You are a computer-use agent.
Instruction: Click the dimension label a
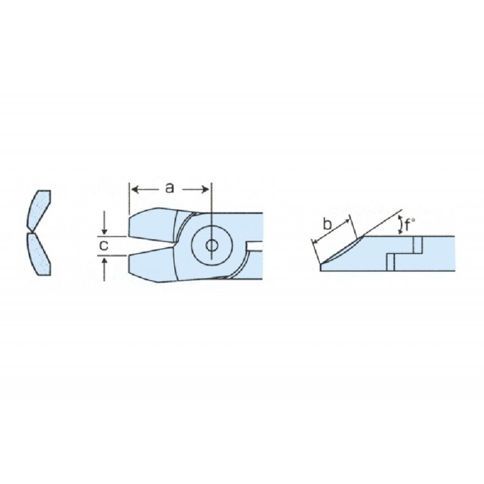[x=169, y=188]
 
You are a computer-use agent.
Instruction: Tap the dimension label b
[x=327, y=224]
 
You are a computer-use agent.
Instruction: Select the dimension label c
[x=104, y=246]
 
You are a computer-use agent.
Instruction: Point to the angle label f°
[x=410, y=224]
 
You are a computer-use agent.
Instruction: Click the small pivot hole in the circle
[x=211, y=246]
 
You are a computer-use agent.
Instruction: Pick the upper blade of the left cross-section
[x=39, y=211]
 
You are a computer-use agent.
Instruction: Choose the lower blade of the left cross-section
[x=39, y=253]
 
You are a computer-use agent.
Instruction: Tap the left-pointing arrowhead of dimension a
[x=134, y=189]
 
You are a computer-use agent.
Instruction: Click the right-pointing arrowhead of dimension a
[x=205, y=189]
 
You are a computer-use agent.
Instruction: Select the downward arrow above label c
[x=105, y=223]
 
